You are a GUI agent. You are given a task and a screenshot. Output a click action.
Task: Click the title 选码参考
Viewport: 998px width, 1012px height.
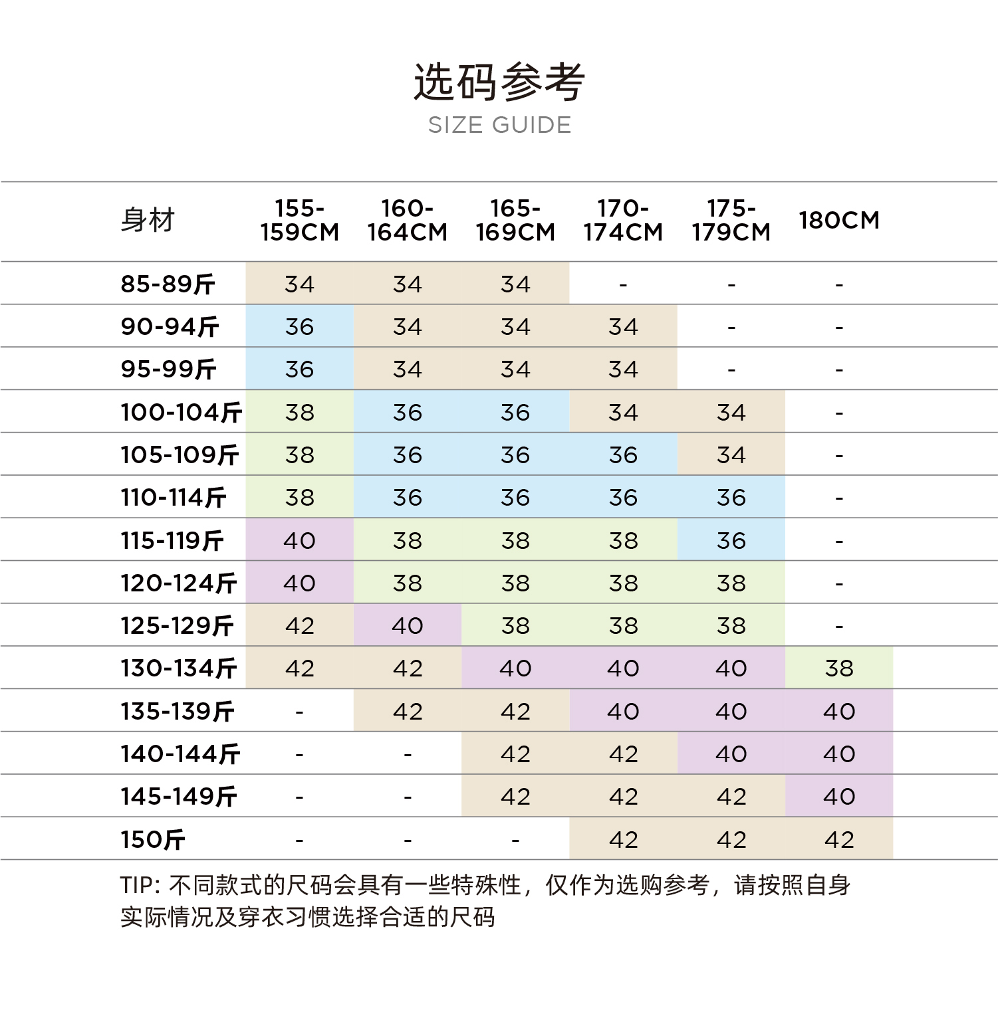click(499, 82)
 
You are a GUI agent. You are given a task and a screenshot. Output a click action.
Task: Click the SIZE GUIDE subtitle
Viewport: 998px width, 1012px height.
click(499, 125)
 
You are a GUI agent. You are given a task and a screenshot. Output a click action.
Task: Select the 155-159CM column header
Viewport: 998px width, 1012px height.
click(299, 220)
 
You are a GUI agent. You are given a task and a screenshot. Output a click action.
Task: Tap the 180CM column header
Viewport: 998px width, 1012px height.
click(839, 220)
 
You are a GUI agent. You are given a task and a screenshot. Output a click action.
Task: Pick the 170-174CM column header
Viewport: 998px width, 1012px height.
click(623, 220)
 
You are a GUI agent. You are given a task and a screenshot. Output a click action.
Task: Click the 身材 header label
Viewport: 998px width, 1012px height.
click(148, 220)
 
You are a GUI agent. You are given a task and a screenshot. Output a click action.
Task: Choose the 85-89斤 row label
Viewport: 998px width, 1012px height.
click(168, 284)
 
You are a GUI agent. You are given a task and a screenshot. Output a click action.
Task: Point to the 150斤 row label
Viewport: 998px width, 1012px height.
click(152, 839)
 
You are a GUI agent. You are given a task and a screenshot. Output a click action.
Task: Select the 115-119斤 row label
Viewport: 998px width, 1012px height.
click(172, 540)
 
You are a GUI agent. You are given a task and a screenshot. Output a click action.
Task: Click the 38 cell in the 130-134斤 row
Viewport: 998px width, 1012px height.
click(839, 668)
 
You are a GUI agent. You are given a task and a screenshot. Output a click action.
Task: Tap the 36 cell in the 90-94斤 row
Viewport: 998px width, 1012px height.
click(299, 326)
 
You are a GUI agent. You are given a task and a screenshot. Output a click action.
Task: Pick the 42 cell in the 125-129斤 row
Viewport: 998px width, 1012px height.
click(299, 625)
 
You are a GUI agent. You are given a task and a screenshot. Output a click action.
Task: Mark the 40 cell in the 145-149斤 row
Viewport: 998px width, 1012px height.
click(839, 796)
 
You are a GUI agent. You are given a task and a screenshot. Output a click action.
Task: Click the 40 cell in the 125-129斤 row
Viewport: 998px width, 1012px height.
click(407, 625)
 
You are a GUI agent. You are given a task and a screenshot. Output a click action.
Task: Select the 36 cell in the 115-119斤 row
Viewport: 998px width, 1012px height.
click(731, 540)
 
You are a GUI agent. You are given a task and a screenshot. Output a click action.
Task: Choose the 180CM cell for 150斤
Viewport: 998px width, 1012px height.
click(839, 839)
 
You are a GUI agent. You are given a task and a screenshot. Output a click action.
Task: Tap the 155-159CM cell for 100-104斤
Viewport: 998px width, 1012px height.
click(299, 412)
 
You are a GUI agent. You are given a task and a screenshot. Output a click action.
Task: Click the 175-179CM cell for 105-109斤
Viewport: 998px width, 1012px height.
click(731, 455)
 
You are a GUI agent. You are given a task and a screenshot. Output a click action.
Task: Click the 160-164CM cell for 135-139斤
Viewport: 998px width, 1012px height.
click(407, 711)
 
